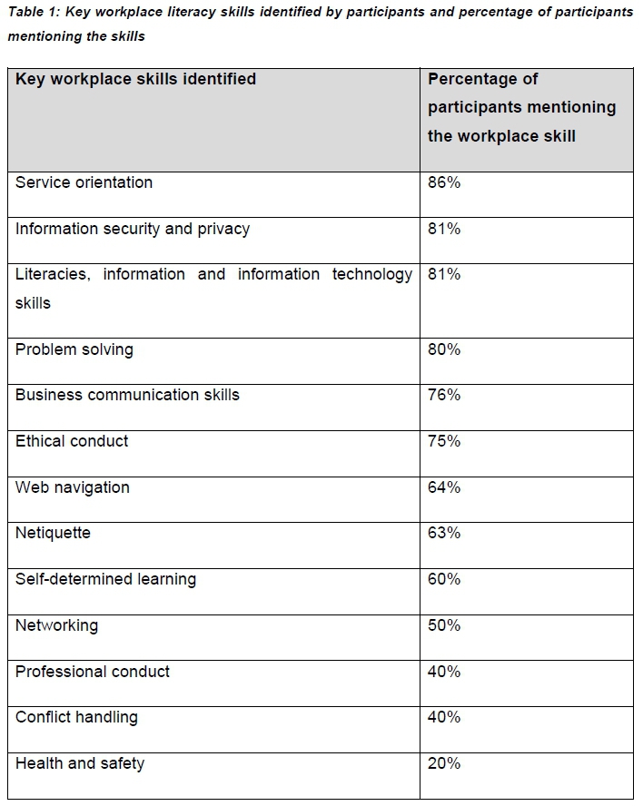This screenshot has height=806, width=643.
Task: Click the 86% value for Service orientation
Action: point(444,182)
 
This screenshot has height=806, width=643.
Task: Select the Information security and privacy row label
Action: point(133,229)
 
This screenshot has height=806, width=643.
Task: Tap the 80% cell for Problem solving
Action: point(444,349)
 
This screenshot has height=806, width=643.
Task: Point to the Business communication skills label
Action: point(127,395)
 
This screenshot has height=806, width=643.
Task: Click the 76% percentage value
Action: point(444,395)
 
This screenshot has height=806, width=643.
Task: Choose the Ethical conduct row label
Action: point(72,441)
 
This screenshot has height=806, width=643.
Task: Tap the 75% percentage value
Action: point(444,441)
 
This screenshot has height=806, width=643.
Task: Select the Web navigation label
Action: point(73,487)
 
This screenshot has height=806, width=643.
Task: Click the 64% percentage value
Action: point(444,487)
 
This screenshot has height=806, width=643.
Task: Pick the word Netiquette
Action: point(53,533)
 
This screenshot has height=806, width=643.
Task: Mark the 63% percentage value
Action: point(444,533)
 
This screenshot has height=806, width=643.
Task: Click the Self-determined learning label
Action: point(105,579)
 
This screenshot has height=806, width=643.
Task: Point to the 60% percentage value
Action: point(444,579)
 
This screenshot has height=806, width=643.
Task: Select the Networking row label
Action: point(56,625)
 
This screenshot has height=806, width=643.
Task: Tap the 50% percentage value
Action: point(444,625)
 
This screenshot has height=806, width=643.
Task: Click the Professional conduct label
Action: point(93,672)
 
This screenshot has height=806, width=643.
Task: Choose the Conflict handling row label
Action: point(76,717)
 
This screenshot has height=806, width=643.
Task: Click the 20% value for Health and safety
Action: point(444,763)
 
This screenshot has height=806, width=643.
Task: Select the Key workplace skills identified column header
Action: point(135,79)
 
